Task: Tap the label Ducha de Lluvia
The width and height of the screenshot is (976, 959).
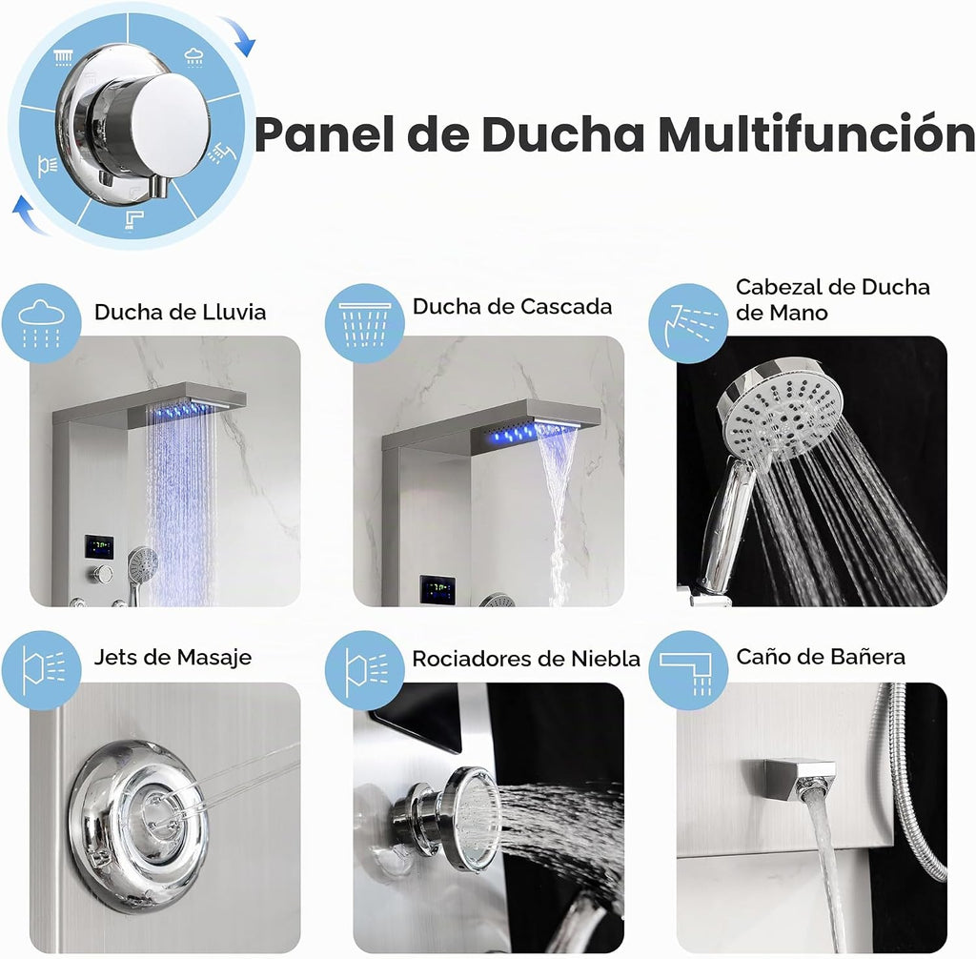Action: click(x=180, y=312)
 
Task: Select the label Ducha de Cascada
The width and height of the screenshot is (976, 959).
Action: click(x=512, y=306)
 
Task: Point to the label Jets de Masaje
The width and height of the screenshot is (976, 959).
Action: click(x=173, y=658)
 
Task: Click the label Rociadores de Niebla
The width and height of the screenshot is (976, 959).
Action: click(x=526, y=659)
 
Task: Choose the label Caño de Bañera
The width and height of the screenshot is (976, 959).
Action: click(x=821, y=657)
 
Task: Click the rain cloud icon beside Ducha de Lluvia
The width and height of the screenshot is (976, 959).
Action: click(x=41, y=323)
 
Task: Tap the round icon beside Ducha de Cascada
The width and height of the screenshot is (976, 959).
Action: click(x=365, y=323)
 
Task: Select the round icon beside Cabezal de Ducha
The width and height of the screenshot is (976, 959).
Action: click(x=688, y=323)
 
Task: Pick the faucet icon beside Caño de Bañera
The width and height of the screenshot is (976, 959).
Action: click(x=688, y=670)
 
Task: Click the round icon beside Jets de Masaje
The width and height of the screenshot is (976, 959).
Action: click(x=41, y=670)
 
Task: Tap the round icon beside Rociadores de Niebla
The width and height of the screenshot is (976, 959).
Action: click(x=365, y=670)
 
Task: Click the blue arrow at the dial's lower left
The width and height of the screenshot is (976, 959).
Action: click(x=30, y=214)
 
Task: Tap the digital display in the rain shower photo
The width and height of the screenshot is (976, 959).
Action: click(x=99, y=547)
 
